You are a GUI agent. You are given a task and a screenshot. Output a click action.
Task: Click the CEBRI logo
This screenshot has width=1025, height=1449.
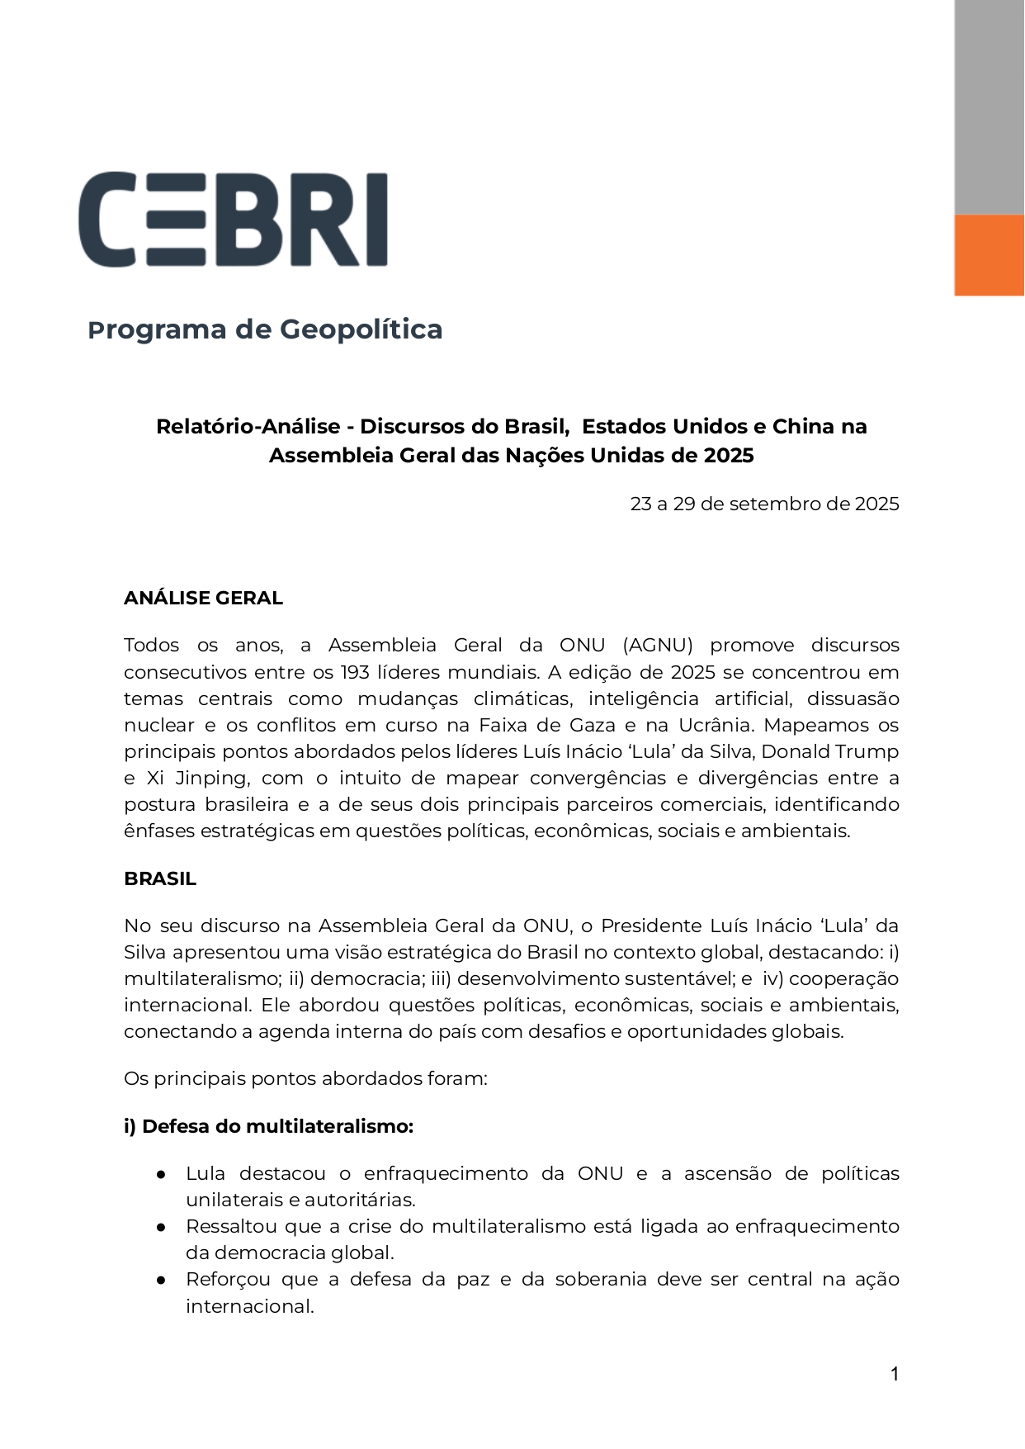pos(233,220)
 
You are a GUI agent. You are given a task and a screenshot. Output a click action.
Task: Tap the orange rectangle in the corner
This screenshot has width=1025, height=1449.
pos(989,255)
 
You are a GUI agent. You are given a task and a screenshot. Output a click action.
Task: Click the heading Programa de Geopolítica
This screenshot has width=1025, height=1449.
pos(265,329)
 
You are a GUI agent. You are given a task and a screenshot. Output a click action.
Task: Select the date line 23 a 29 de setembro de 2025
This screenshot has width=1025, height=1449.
pos(764,504)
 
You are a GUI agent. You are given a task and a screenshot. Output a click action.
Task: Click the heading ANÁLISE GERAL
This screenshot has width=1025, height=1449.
pos(203,598)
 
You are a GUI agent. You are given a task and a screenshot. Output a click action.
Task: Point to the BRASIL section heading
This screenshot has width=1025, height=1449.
pos(160,878)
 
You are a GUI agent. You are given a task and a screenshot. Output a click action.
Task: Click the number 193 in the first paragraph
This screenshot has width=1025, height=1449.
pos(357,672)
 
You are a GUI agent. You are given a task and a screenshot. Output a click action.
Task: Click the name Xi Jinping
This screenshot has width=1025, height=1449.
pos(196,778)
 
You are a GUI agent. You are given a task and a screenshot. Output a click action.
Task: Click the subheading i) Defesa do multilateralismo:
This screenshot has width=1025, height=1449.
pos(268,1126)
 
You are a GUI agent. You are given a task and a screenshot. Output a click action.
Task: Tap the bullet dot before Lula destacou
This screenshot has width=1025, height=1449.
pos(163,1174)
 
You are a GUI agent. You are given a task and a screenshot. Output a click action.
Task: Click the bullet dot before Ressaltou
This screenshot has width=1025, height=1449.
pos(163,1227)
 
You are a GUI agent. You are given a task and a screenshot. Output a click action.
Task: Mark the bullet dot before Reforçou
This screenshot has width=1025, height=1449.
pos(163,1280)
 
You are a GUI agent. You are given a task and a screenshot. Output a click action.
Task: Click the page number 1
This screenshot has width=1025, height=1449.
pos(895,1374)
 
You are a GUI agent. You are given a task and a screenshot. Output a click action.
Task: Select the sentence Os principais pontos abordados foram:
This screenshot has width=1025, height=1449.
pos(305,1078)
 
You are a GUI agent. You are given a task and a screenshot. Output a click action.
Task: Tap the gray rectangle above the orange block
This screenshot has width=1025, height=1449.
pos(989,107)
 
